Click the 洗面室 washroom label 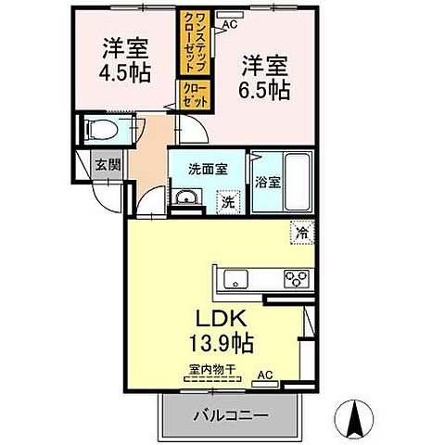(207, 169)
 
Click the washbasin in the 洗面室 (186, 197)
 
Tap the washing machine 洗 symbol (227, 201)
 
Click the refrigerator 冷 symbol (301, 233)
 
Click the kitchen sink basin (232, 276)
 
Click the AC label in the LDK (264, 375)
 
